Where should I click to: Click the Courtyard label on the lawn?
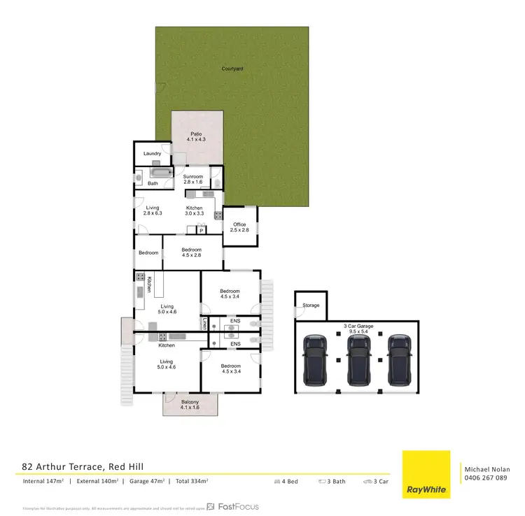pyautogui.click(x=232, y=69)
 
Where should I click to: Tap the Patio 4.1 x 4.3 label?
pyautogui.click(x=197, y=137)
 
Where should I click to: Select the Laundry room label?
pyautogui.click(x=152, y=154)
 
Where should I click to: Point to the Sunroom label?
pyautogui.click(x=192, y=179)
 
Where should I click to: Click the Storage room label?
pyautogui.click(x=311, y=306)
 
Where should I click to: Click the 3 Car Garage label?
pyautogui.click(x=357, y=329)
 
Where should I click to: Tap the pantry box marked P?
pyautogui.click(x=201, y=230)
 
